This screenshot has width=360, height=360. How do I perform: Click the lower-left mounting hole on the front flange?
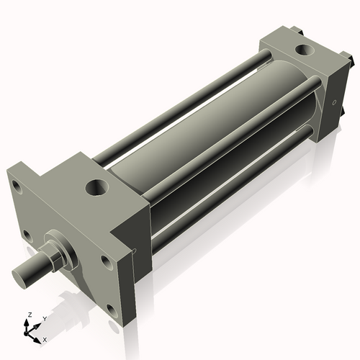point(27,234)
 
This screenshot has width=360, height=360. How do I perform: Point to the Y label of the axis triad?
point(44,318)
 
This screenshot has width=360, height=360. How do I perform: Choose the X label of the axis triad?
point(45,338)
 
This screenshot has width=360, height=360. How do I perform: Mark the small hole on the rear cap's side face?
point(333,103)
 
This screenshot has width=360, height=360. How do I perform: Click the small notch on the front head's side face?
point(135,251)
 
